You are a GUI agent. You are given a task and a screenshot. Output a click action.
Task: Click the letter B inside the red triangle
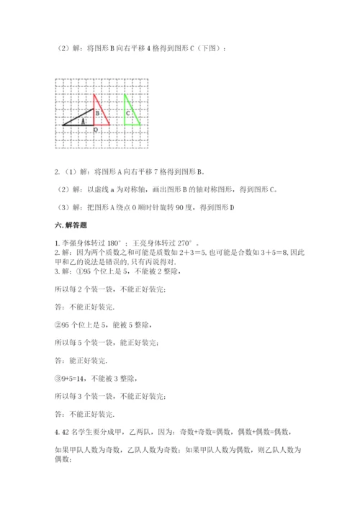(x=97, y=113)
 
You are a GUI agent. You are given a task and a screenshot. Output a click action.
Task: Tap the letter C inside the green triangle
(x=127, y=113)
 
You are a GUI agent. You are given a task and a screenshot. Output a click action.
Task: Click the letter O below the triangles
(x=96, y=130)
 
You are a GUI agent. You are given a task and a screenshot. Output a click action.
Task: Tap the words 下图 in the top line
(x=214, y=48)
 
